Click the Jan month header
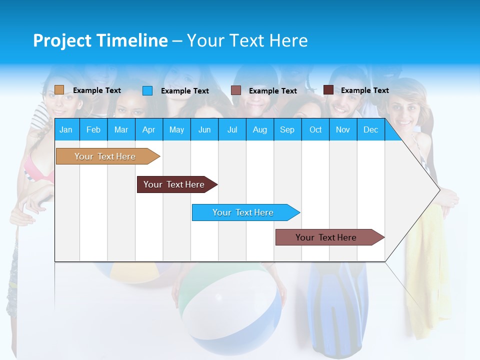pos(66,129)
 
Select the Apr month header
pos(148,129)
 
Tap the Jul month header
pos(232,129)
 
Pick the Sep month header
pos(287,129)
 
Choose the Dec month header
pos(370,129)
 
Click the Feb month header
pos(93,129)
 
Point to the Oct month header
pos(315,129)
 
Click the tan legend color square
pos(59,90)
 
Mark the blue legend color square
pos(147,90)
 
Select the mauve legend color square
pos(236,90)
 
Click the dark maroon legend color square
pos(328,90)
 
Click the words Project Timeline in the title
pos(100,40)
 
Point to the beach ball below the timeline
pos(230,310)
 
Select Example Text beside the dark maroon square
pos(364,90)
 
